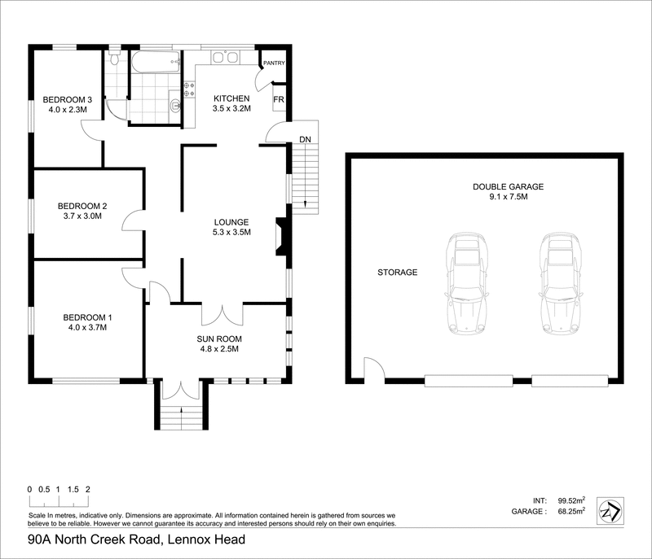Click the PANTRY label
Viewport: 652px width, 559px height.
(273, 61)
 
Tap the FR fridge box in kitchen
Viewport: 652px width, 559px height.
(279, 99)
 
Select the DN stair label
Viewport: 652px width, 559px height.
(305, 140)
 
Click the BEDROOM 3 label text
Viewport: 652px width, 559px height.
(67, 100)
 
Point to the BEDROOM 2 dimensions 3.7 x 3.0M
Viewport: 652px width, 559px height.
(80, 217)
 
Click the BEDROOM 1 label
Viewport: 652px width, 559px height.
(87, 317)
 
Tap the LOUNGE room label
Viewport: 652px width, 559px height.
(231, 222)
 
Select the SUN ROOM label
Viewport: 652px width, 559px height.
(219, 338)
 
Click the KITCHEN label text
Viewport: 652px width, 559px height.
(232, 98)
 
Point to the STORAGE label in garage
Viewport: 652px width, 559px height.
(397, 273)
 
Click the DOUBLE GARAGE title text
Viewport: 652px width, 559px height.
(508, 186)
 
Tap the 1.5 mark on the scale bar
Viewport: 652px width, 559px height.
(73, 490)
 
